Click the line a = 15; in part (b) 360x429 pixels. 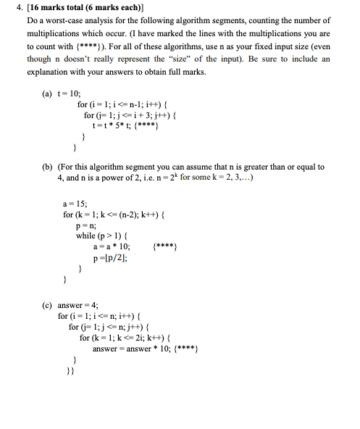point(74,205)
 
